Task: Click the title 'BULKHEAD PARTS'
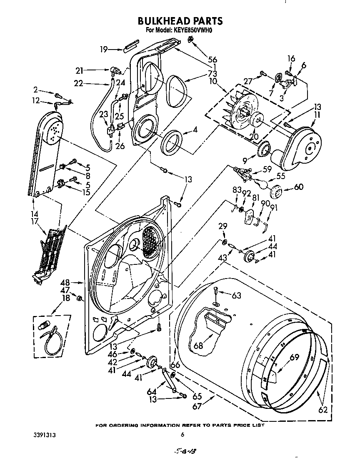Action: point(180,21)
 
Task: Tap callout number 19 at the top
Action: point(104,49)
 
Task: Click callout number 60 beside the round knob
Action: point(299,187)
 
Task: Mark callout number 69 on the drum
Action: point(295,357)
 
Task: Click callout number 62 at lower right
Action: point(323,410)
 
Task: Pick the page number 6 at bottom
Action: point(182,435)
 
